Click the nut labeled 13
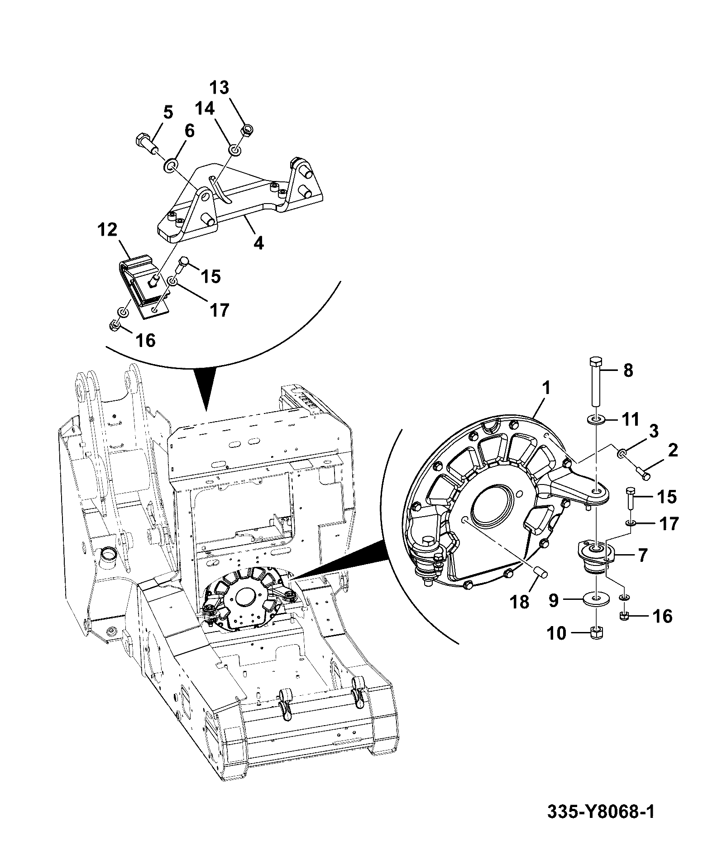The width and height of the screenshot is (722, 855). click(247, 130)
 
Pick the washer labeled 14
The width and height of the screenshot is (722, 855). click(234, 150)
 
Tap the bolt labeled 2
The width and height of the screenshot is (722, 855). click(643, 473)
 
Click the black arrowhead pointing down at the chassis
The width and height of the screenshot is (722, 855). click(206, 390)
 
